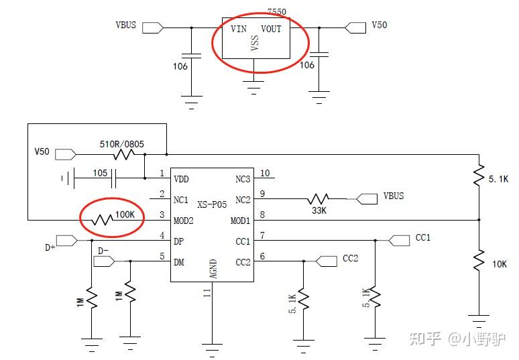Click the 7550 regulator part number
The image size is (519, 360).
click(x=276, y=12)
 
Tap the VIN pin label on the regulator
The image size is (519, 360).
click(x=239, y=29)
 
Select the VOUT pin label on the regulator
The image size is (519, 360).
click(x=272, y=29)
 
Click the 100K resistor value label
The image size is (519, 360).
click(x=125, y=215)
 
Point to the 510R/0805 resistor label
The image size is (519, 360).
click(x=121, y=143)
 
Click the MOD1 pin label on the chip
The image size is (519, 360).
click(x=240, y=221)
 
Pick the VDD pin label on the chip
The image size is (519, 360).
click(x=182, y=180)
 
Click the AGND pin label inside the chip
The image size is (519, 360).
click(x=213, y=269)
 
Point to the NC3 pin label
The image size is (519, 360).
click(x=242, y=180)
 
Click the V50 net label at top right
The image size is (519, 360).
click(x=380, y=25)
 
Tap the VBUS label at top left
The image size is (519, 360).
click(x=126, y=25)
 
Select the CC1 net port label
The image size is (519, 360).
click(x=423, y=238)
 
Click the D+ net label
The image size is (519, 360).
click(x=50, y=247)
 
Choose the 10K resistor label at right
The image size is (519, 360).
click(x=500, y=264)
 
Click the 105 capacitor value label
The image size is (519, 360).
click(x=100, y=172)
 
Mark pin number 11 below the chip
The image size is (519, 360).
click(x=207, y=293)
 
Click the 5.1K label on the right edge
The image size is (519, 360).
click(x=498, y=180)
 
